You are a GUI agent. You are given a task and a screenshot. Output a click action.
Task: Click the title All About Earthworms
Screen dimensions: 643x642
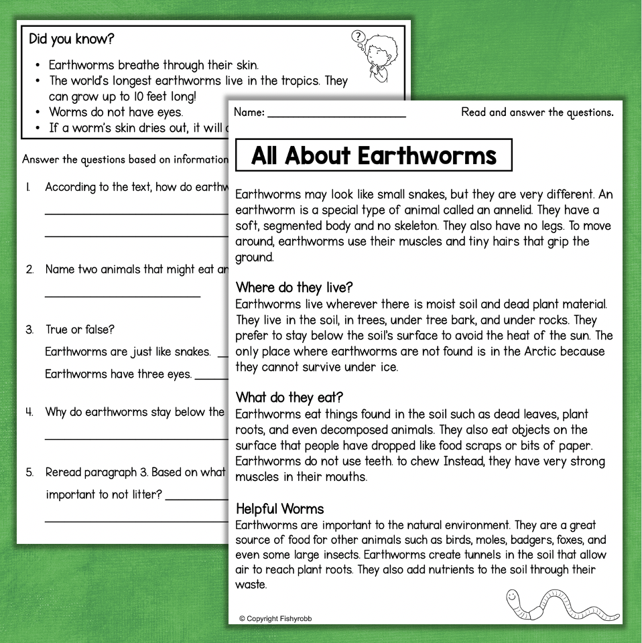pyautogui.click(x=373, y=155)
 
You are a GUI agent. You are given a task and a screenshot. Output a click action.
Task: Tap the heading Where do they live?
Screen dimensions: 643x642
pyautogui.click(x=294, y=287)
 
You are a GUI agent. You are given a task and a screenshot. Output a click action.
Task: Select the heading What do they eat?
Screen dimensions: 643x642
pyautogui.click(x=290, y=397)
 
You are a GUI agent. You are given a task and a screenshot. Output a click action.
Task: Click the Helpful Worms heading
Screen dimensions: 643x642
pyautogui.click(x=279, y=509)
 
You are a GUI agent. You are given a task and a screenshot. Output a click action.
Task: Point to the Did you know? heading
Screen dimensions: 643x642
pyautogui.click(x=72, y=39)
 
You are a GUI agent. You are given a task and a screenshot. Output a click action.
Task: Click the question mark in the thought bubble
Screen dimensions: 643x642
pyautogui.click(x=359, y=36)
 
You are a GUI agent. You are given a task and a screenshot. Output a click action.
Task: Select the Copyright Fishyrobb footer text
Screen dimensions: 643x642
pyautogui.click(x=275, y=619)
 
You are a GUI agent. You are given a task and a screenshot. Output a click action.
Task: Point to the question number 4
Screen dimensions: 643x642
pyautogui.click(x=29, y=412)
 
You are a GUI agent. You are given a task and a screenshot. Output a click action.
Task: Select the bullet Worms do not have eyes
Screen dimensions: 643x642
pyautogui.click(x=116, y=112)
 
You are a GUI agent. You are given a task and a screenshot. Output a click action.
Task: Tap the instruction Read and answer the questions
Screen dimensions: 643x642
pyautogui.click(x=537, y=112)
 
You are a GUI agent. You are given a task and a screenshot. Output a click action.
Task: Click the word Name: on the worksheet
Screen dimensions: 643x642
pyautogui.click(x=249, y=113)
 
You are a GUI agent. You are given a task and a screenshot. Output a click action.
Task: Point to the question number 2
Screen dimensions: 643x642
pyautogui.click(x=29, y=269)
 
